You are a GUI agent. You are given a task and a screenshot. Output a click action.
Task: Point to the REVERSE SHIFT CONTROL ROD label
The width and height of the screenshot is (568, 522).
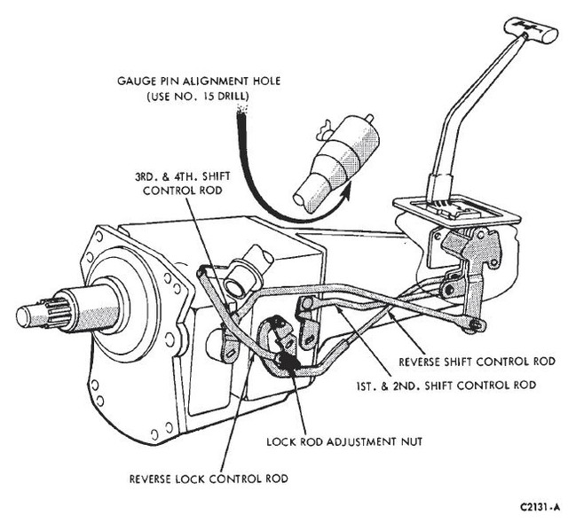pos(477,362)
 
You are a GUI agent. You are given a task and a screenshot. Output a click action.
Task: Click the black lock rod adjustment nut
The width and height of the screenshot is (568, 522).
pos(287,362)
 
